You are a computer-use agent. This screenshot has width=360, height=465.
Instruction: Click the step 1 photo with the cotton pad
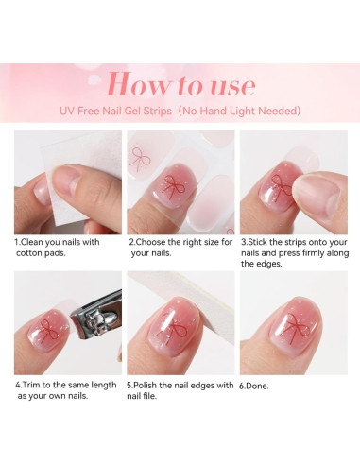click(67, 181)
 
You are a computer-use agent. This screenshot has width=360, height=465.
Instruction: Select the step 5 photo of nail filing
click(180, 323)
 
